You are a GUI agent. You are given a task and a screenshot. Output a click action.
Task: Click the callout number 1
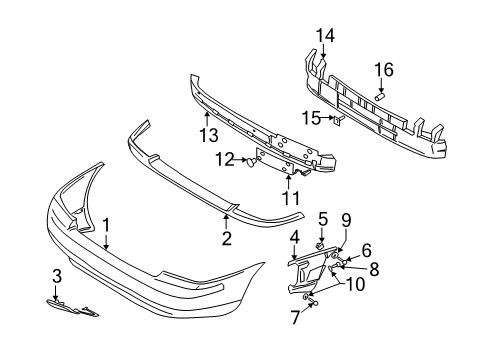(106, 226)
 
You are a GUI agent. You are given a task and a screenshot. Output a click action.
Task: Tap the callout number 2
(227, 238)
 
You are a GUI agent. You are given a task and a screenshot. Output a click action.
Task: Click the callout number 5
(323, 218)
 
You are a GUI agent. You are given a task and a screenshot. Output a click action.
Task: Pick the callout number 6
(366, 252)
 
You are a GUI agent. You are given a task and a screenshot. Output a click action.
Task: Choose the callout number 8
(373, 269)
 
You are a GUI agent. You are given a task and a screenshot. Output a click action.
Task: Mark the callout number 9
(347, 220)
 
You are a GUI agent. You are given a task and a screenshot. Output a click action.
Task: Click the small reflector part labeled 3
(71, 308)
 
